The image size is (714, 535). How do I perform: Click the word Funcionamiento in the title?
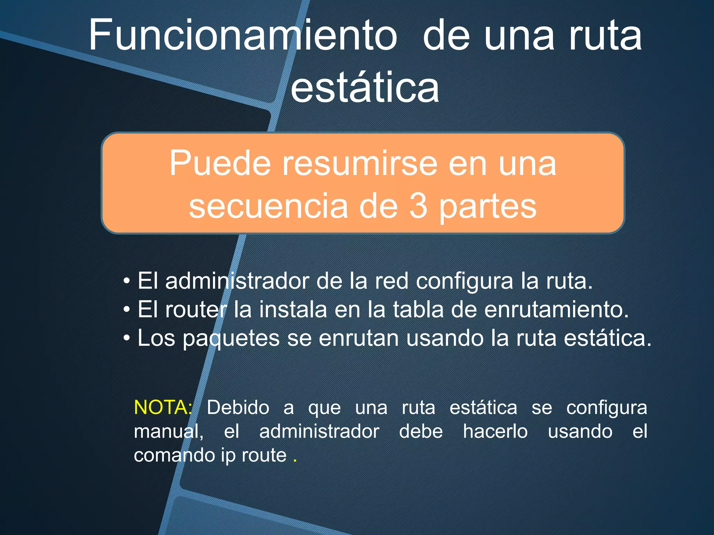click(x=243, y=36)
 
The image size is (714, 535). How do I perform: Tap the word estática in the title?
click(x=365, y=87)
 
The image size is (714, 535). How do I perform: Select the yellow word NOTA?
click(x=163, y=407)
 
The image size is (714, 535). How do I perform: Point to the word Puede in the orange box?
click(x=220, y=163)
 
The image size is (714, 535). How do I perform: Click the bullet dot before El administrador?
click(x=127, y=281)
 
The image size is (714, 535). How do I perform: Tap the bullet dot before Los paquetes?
click(x=127, y=338)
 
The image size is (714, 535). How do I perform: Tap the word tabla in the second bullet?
click(x=418, y=310)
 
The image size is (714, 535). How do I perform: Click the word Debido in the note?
click(x=238, y=408)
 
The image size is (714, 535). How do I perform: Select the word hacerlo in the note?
click(x=495, y=432)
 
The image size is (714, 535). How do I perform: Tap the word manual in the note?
click(x=167, y=432)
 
